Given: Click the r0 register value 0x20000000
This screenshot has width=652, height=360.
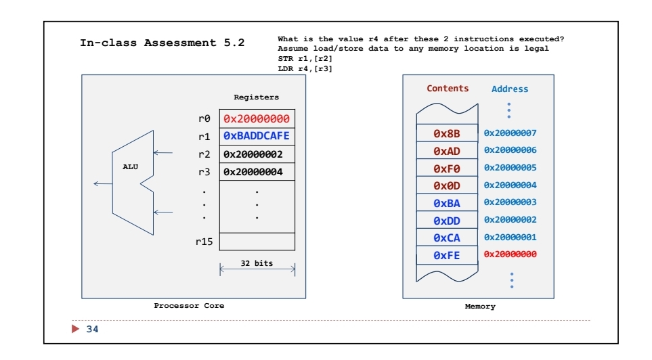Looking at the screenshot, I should pos(257,118).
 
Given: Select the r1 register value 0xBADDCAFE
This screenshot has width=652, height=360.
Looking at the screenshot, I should pos(257,136).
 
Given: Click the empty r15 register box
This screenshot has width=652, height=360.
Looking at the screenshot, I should pos(257,242).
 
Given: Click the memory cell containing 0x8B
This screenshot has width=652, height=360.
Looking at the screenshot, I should pos(446,133).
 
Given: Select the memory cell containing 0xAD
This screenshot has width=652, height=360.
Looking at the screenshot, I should pos(446,151).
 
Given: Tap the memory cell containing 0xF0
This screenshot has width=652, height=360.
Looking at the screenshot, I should pos(446,168).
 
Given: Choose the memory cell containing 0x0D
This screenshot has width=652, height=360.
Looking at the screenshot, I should pos(446,185).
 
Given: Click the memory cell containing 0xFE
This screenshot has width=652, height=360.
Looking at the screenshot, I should pos(446,255).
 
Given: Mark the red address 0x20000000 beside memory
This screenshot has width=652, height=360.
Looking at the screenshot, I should pos(510,254).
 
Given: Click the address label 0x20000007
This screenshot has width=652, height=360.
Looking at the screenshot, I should pos(510,133).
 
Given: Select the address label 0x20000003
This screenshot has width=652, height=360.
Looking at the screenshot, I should pos(510,202).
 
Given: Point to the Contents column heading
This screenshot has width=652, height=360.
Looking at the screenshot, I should pos(447,89).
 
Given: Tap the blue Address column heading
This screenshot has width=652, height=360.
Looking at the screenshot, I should pos(509,89).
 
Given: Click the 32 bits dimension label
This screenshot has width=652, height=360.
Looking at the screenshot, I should pos(257,263).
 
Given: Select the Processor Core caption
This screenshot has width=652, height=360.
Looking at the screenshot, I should pos(189,306).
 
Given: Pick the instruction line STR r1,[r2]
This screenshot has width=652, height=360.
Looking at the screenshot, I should pos(305,60).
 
